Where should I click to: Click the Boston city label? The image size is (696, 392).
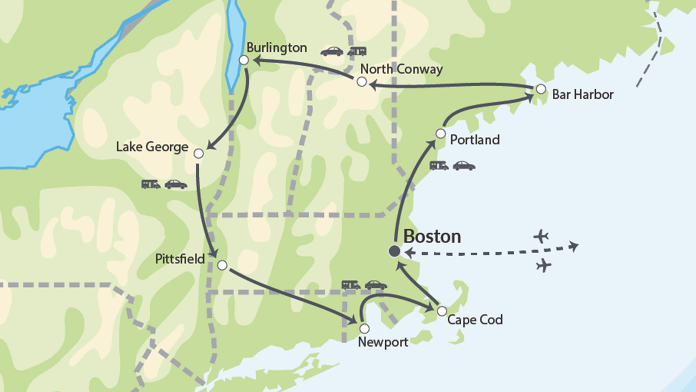[x=432, y=237]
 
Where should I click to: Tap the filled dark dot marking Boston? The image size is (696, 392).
[x=394, y=251]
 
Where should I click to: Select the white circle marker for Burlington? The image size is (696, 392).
[x=244, y=60]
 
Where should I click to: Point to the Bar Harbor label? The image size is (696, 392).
[x=583, y=95]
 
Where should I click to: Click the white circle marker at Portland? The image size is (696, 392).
[x=440, y=134]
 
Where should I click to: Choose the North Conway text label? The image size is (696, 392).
[x=401, y=69]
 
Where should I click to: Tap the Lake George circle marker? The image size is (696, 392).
[x=199, y=154]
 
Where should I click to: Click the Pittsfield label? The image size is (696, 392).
[x=180, y=259]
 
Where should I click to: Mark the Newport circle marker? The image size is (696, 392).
[x=364, y=328]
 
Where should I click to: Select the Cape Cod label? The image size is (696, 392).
[x=475, y=320]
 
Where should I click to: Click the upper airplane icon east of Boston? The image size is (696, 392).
[x=541, y=236]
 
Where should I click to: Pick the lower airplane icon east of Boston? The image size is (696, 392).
[x=544, y=265]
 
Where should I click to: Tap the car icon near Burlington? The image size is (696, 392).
[x=332, y=52]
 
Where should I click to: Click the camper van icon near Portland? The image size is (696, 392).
[x=439, y=166]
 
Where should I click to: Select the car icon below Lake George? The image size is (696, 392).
[x=176, y=184]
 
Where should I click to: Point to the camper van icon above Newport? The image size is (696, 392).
[x=351, y=285]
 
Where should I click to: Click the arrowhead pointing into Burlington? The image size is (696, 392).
[x=257, y=60]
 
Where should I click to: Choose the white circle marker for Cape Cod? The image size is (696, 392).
[x=442, y=311]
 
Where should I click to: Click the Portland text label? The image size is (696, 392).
[x=475, y=140]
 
